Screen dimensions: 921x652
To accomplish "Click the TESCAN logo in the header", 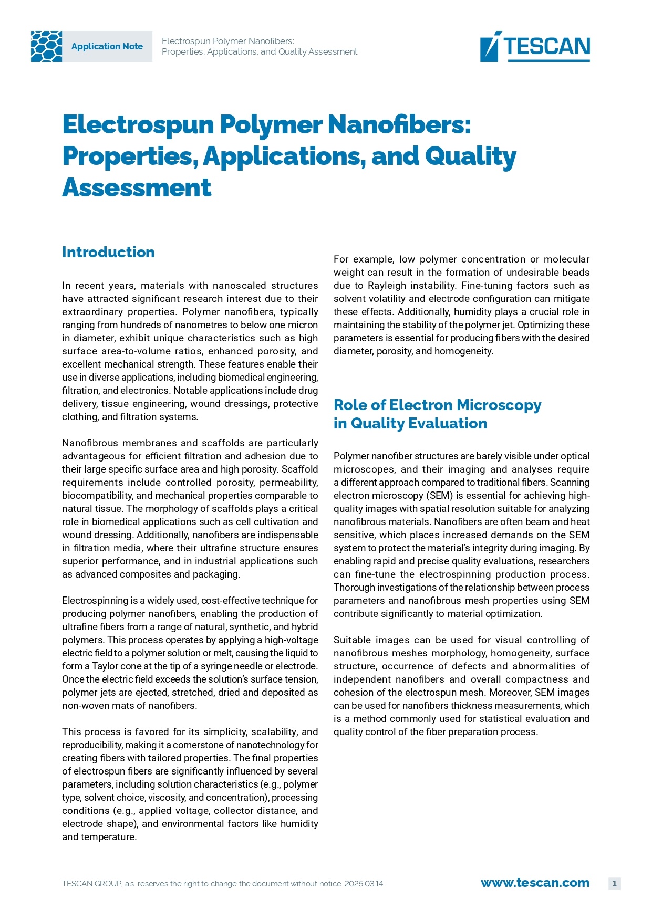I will [535, 46].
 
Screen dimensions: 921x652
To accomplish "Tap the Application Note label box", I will [107, 46].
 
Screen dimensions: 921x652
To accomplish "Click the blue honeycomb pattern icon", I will [46, 46].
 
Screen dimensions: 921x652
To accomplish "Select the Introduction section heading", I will [108, 252].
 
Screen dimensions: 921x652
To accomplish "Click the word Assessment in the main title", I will [137, 187].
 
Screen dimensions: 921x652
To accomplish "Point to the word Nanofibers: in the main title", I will [399, 124].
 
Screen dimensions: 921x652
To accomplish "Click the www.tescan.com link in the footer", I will [535, 883].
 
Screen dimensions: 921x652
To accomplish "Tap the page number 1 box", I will [614, 883].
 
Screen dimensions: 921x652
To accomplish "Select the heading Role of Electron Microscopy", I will [437, 405].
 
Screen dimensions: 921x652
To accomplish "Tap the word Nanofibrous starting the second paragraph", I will [92, 443].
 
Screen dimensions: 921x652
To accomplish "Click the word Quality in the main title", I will [470, 156].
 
